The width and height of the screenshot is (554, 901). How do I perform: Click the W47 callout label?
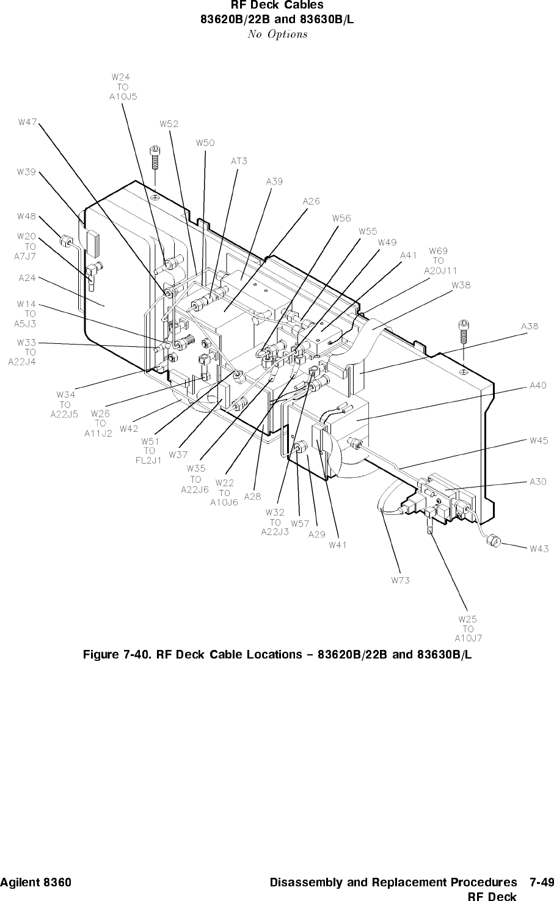point(27,122)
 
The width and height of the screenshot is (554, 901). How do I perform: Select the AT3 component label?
point(239,161)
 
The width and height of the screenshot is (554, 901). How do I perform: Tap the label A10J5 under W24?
point(123,97)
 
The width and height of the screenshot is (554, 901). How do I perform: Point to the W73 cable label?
point(400,580)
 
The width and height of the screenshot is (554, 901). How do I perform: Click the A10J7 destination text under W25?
point(468,638)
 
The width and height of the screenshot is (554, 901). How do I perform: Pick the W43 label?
point(539,549)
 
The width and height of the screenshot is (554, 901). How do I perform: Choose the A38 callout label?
point(530,326)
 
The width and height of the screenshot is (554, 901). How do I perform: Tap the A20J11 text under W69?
point(440,271)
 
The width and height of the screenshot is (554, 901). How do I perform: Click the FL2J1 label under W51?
point(148,461)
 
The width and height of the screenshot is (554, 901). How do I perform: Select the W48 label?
point(26,216)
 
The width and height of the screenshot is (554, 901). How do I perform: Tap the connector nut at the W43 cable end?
point(492,541)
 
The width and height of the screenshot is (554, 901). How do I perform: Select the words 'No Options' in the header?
point(277,34)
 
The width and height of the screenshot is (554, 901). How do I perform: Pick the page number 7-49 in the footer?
point(542,882)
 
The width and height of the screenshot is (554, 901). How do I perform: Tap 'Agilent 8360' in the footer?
point(35,882)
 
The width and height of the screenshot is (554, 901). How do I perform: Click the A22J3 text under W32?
point(275,532)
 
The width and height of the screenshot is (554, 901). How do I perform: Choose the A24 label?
point(27,277)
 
